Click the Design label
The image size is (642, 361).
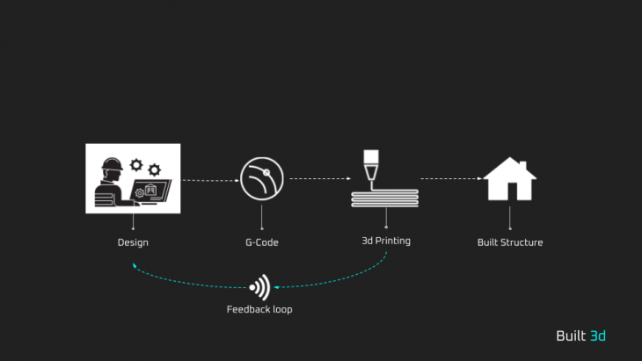pyautogui.click(x=133, y=242)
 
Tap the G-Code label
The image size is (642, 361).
pyautogui.click(x=261, y=242)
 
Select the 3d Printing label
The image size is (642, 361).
pyautogui.click(x=385, y=241)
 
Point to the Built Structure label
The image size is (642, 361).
pyautogui.click(x=510, y=242)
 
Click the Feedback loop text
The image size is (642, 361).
pyautogui.click(x=259, y=309)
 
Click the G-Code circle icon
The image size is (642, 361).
pyautogui.click(x=261, y=178)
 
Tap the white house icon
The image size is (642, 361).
pyautogui.click(x=510, y=181)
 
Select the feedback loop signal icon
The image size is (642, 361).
pyautogui.click(x=259, y=286)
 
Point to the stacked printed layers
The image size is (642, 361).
pyautogui.click(x=385, y=199)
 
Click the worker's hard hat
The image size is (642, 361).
pyautogui.click(x=111, y=163)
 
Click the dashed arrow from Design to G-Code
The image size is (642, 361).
pyautogui.click(x=210, y=179)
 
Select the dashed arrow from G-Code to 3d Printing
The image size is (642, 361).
pyautogui.click(x=319, y=178)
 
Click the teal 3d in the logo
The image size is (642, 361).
pyautogui.click(x=598, y=336)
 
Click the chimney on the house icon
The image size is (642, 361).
pyautogui.click(x=522, y=165)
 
